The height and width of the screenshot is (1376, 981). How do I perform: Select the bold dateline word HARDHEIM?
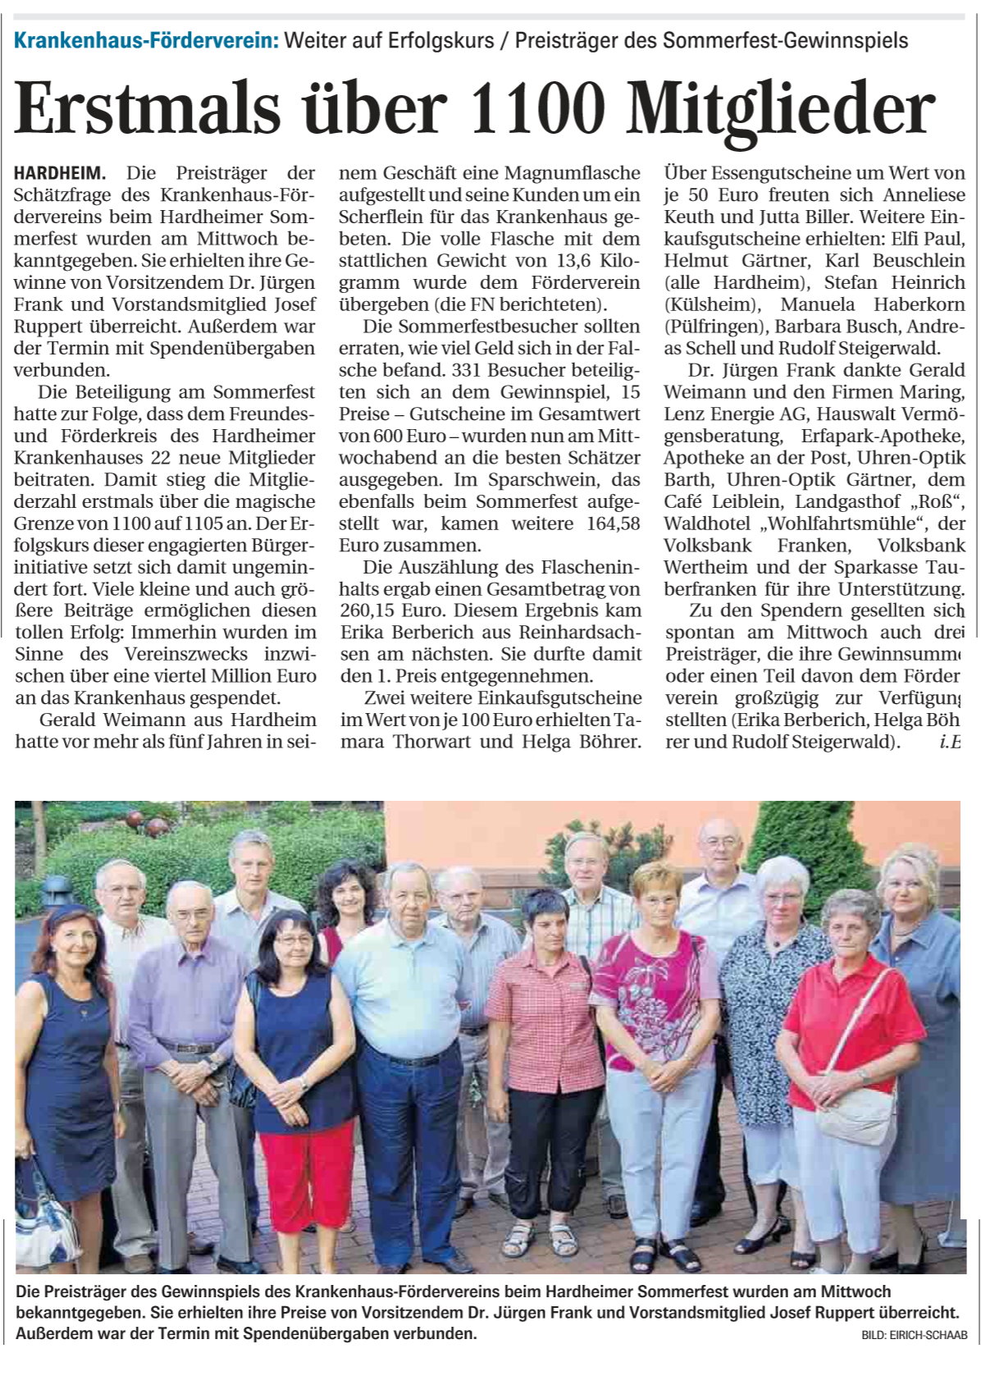point(60,173)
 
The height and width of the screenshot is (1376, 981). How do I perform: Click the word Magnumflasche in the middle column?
point(573,173)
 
